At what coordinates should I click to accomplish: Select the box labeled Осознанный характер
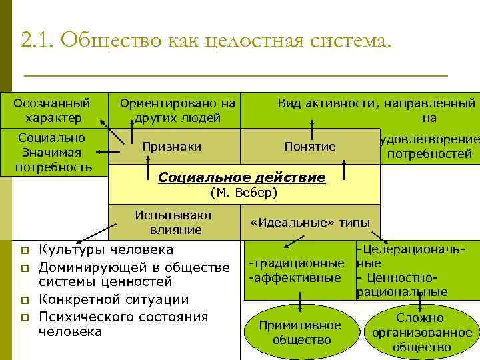[52, 111]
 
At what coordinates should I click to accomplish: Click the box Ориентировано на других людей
[177, 111]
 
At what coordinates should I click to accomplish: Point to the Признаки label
[172, 146]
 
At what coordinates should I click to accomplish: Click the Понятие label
[309, 146]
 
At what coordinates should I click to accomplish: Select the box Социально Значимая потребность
[54, 152]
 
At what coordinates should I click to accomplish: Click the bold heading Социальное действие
[241, 178]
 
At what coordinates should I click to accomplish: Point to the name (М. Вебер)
[243, 193]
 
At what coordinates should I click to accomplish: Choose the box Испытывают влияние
[174, 222]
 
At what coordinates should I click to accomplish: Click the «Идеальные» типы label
[310, 223]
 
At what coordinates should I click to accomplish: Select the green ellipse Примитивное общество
[301, 332]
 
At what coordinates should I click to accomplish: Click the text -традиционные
[297, 264]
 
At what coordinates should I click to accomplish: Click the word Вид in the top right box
[289, 103]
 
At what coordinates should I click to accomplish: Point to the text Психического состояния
[123, 317]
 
